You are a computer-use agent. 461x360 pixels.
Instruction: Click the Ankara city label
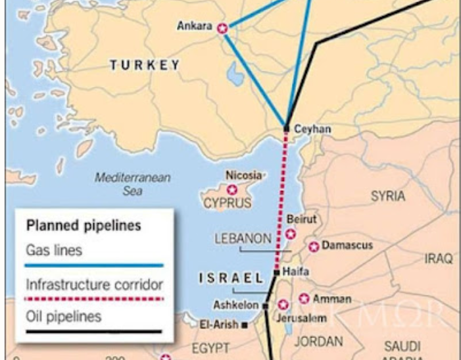tap(195, 26)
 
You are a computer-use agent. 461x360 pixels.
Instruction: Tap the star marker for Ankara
tap(222, 28)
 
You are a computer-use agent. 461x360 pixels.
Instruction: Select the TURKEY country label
tap(145, 64)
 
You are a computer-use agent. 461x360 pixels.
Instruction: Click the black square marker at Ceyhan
tap(287, 128)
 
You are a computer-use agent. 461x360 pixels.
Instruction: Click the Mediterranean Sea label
tap(132, 182)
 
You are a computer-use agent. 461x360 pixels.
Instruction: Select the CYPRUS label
tap(227, 203)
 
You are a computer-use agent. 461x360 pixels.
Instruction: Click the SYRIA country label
tap(388, 195)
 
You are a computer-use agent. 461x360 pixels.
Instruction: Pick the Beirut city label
tap(303, 219)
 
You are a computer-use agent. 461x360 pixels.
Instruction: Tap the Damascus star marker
tap(314, 246)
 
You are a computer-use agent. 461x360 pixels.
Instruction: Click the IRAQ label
tap(438, 259)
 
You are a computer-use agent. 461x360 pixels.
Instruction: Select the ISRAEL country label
tap(231, 277)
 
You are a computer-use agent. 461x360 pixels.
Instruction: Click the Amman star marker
tap(304, 297)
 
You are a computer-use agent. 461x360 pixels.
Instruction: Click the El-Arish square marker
tap(244, 324)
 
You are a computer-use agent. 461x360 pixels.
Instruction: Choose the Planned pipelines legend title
tap(84, 226)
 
